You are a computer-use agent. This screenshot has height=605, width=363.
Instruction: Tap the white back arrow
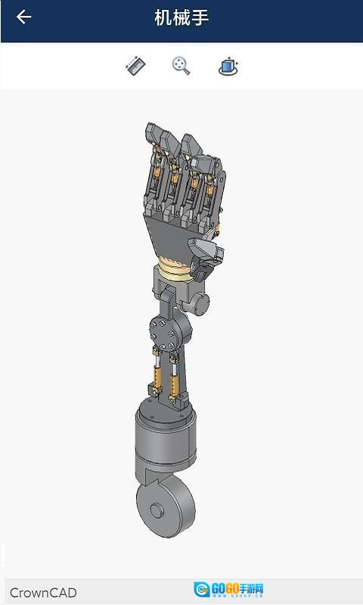[x=23, y=17]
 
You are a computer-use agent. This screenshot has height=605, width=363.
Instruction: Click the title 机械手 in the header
[x=181, y=17]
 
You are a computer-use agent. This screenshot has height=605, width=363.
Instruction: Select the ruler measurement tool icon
[x=135, y=66]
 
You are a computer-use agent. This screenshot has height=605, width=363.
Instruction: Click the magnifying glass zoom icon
[x=181, y=66]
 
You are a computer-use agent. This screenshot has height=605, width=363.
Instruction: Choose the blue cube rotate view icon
[x=228, y=66]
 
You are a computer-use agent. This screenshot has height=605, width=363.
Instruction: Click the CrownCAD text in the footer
[x=43, y=592]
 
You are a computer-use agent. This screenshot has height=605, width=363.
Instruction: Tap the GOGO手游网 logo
[x=228, y=590]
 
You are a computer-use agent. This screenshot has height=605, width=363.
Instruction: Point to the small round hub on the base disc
[x=157, y=510]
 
